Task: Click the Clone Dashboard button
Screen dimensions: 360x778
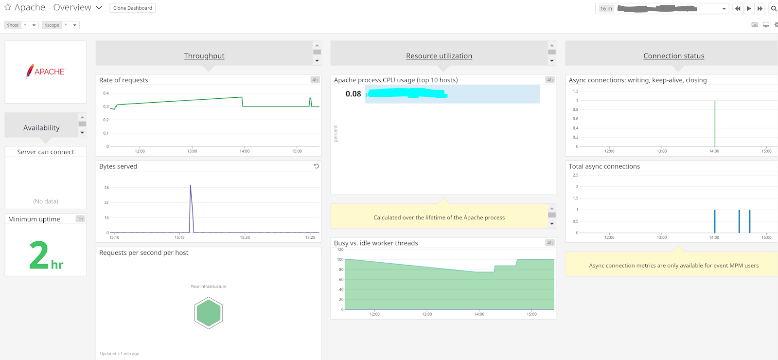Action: [x=132, y=8]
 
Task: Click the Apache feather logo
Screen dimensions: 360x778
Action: [x=30, y=72]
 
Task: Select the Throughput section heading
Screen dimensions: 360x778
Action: [x=204, y=56]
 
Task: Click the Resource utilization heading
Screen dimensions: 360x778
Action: [x=439, y=56]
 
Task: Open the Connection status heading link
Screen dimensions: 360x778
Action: [x=673, y=56]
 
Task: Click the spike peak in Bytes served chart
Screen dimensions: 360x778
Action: [x=191, y=186]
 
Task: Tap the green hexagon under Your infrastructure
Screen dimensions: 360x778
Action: [x=209, y=313]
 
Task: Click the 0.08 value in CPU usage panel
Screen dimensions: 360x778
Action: [x=354, y=94]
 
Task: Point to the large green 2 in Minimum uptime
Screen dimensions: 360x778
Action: [x=39, y=255]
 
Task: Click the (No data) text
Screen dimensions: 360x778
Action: [x=46, y=201]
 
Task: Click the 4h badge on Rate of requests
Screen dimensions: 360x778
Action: [x=315, y=80]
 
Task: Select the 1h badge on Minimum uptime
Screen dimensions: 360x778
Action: [x=80, y=219]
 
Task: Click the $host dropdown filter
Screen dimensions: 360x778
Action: [x=21, y=25]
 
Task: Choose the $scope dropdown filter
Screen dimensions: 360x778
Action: [x=61, y=25]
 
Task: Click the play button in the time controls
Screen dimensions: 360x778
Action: [x=749, y=8]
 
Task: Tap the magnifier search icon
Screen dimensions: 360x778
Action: [x=774, y=8]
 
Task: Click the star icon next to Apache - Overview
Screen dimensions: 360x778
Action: [x=8, y=7]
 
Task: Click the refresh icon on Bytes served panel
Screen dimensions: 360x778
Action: [x=316, y=166]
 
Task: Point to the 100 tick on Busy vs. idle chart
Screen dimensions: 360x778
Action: [x=340, y=260]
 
